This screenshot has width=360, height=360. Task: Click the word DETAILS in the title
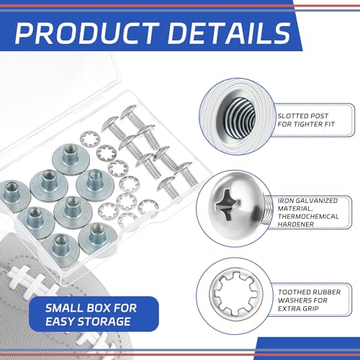[x=230, y=33]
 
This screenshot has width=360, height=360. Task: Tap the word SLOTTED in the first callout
[x=291, y=116]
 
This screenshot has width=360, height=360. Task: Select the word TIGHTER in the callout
[x=308, y=125]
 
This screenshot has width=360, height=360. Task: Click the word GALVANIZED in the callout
[x=317, y=201]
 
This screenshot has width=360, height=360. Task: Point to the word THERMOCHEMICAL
[x=308, y=217]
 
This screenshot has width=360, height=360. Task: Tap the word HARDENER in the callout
[x=296, y=225]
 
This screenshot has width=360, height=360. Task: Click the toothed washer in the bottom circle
[x=236, y=294]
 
